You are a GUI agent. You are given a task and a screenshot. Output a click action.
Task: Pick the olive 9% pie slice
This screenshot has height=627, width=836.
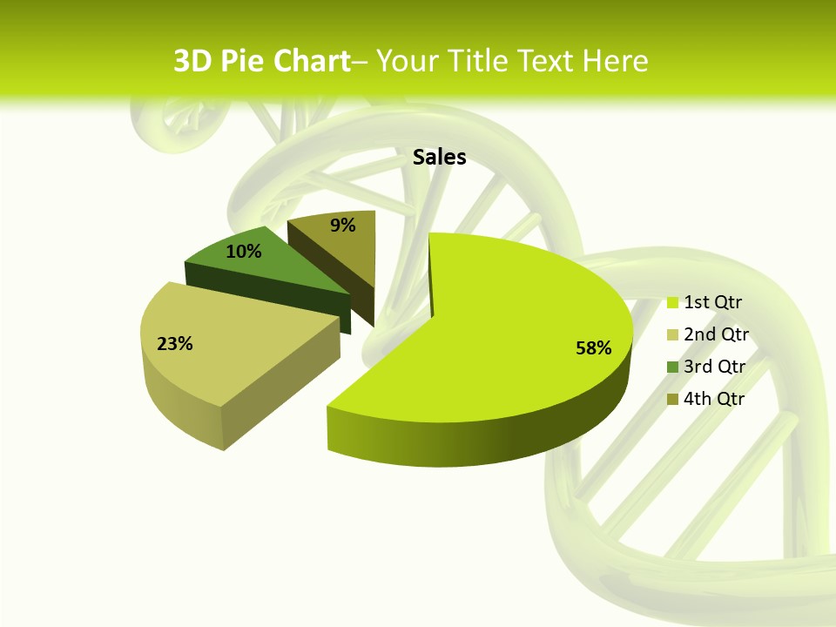coord(344,248)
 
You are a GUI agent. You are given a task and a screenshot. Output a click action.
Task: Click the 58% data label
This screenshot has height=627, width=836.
coord(593,348)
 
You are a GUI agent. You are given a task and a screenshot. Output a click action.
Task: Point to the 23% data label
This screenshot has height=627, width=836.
coord(174,344)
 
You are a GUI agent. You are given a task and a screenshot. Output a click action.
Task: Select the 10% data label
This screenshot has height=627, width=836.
coord(243,252)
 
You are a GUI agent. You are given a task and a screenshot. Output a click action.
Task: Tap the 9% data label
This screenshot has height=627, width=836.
coord(343,226)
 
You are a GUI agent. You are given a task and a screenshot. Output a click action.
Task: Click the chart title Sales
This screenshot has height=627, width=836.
coord(439,157)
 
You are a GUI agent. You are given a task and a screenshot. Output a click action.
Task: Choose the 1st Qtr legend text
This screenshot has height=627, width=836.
coord(712,302)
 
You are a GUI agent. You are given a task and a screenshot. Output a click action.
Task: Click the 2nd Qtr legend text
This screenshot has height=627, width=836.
coord(716,334)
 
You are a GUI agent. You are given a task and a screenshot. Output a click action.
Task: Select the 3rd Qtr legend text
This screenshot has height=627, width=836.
coord(715,367)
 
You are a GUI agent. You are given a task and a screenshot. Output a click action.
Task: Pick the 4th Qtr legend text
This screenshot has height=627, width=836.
coord(714,399)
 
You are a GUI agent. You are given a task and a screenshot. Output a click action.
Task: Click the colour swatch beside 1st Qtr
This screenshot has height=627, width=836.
coord(672,303)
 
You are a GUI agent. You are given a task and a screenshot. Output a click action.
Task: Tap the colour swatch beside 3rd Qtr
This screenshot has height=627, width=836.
coord(672,367)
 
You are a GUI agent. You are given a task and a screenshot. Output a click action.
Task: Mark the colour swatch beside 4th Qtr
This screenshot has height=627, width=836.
coord(672,400)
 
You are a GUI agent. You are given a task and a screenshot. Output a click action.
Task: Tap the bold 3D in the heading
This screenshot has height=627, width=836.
coord(192,61)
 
